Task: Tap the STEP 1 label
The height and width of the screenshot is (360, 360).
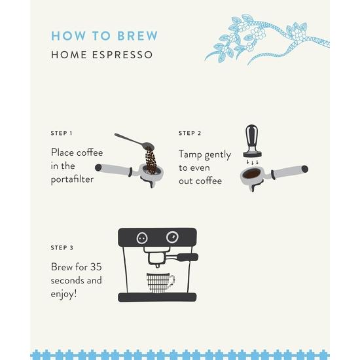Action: [x=62, y=133]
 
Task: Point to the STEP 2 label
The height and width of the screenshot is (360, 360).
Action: [x=190, y=133]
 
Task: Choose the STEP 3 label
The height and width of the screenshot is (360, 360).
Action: [x=62, y=248]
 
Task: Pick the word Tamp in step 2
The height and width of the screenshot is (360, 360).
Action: [x=192, y=154]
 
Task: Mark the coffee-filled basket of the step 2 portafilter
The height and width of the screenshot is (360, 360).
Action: [x=252, y=175]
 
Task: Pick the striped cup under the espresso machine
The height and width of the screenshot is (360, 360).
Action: [x=159, y=283]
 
